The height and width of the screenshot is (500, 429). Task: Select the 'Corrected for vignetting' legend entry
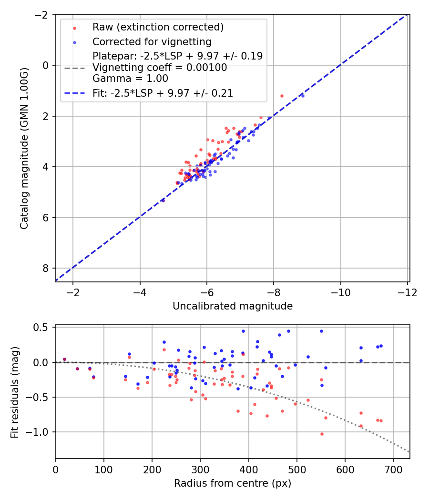(152, 41)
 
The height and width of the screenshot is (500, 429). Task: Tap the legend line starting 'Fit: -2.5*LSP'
(163, 93)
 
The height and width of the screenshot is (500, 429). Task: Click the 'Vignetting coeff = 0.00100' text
(160, 68)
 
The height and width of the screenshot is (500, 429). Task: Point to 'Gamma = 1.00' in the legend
(130, 79)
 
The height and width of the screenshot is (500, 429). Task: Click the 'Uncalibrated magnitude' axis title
(233, 306)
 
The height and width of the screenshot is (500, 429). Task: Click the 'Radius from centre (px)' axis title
(233, 483)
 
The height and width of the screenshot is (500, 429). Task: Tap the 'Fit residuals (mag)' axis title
(15, 392)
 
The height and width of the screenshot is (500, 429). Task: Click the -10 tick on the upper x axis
(340, 292)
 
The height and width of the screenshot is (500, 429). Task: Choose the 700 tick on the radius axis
(393, 469)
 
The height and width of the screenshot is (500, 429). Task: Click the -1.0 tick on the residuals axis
(42, 432)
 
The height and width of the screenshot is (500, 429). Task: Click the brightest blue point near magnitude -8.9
(302, 96)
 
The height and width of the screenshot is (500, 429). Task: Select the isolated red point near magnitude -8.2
(282, 96)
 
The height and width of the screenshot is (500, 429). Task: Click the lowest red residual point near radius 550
(322, 434)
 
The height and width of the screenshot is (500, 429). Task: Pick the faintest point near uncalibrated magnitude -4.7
(163, 200)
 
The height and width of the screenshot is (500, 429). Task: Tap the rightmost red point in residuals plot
(381, 420)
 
